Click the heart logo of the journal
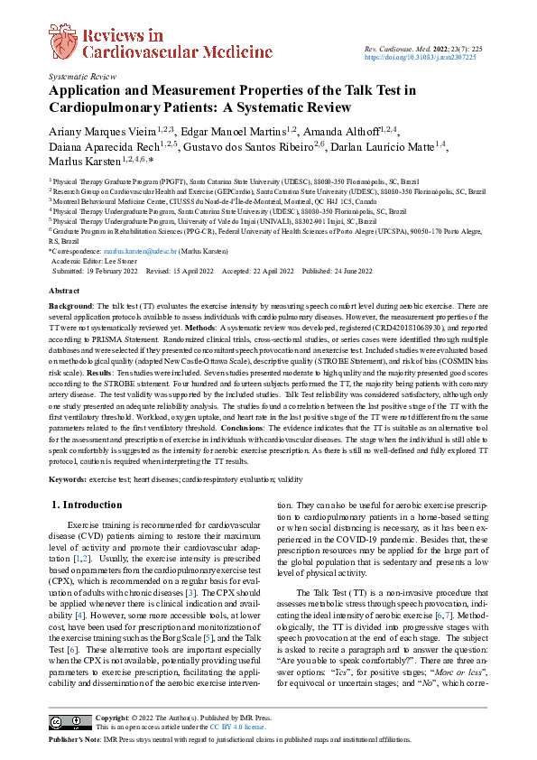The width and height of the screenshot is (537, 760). (x=63, y=41)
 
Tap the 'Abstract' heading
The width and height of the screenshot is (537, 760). (x=63, y=292)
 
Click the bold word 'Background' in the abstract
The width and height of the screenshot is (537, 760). (x=70, y=308)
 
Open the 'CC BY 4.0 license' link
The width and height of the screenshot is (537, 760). (x=237, y=726)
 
